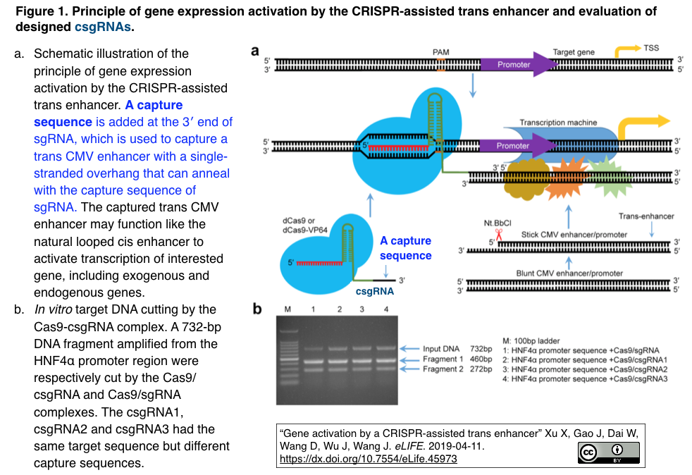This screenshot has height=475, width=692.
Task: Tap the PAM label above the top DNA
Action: (440, 52)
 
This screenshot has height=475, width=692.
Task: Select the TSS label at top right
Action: (652, 48)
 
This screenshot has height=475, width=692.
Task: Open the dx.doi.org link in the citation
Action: (369, 459)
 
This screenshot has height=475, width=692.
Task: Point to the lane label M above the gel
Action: (287, 309)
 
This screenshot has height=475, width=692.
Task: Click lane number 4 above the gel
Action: (385, 309)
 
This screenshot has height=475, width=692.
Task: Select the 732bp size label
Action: (481, 349)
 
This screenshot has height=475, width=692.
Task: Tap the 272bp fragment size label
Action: (481, 369)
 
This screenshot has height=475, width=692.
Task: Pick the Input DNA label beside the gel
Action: (441, 349)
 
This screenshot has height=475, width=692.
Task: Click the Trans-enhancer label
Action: (646, 216)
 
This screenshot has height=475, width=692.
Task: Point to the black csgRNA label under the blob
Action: (374, 290)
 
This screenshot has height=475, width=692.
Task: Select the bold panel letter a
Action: (256, 51)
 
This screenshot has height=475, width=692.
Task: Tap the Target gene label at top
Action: (574, 52)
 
